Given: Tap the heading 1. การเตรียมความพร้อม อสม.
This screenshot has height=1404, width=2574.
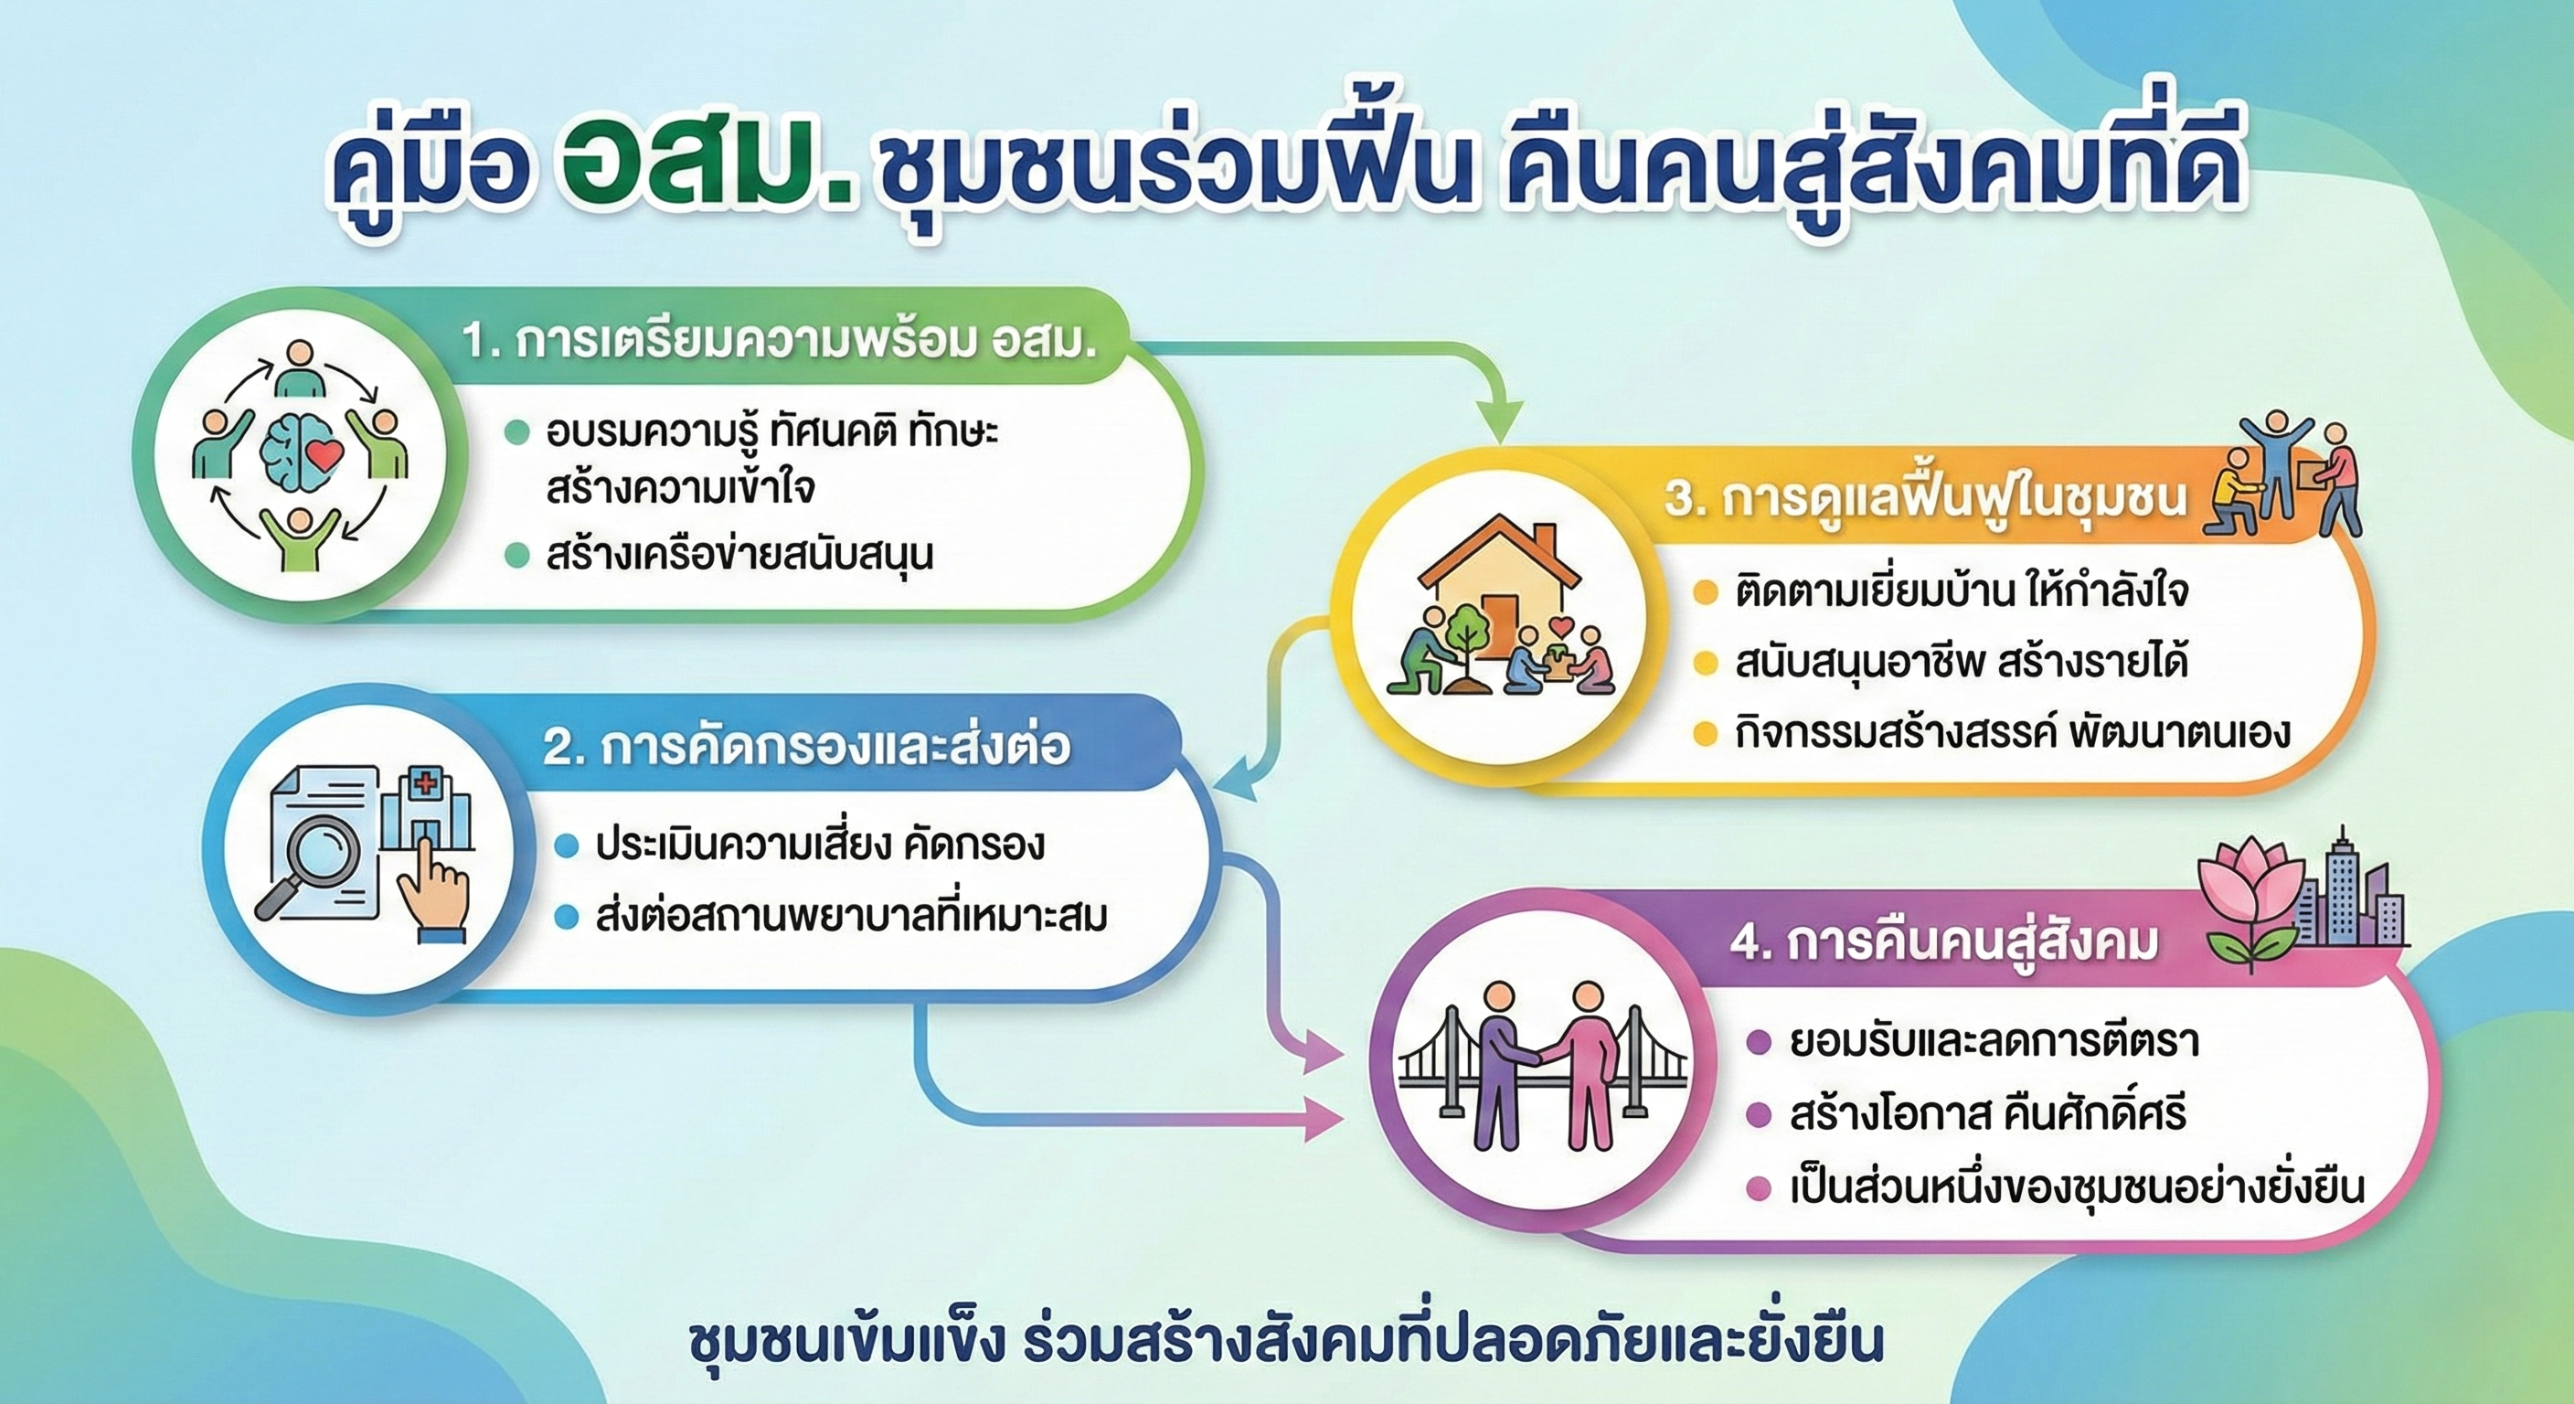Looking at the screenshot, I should pos(780,342).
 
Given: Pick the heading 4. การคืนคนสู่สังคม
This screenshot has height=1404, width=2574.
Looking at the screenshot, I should pos(1943,942).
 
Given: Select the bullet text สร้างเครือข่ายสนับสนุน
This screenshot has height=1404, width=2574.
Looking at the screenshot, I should pos(739,555).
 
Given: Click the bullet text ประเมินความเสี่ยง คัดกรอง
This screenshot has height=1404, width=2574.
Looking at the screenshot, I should pos(819,846).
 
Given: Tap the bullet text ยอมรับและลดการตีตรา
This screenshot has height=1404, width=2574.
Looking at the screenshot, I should pos(1994,1042).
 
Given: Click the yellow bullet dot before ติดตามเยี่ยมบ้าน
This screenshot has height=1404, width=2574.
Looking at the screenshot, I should pos(1705,591).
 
